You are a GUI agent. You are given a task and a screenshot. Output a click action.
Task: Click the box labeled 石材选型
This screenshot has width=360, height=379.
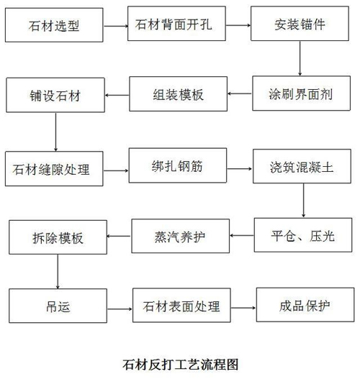point(54,25)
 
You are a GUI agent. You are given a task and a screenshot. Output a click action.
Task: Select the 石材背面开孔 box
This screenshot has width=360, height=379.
point(176,24)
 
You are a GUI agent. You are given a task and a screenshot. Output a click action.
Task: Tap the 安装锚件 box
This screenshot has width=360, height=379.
point(300,24)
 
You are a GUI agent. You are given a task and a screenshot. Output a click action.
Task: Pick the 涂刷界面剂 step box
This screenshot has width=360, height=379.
point(301,93)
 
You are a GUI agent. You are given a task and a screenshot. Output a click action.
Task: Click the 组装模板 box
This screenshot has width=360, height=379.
point(178,94)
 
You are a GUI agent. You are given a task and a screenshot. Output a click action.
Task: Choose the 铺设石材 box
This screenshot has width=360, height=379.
point(55,95)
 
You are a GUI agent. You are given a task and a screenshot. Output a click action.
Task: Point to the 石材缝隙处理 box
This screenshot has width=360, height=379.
point(54,169)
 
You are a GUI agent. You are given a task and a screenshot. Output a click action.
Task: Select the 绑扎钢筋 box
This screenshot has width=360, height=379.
point(178,165)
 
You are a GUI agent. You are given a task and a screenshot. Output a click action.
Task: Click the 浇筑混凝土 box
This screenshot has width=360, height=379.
point(302,166)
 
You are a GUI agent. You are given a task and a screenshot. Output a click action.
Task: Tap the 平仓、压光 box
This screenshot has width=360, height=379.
point(303,235)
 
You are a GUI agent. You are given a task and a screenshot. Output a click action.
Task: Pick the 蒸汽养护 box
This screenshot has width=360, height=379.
point(181,236)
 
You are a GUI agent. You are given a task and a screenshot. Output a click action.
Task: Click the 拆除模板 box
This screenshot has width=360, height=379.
point(58,237)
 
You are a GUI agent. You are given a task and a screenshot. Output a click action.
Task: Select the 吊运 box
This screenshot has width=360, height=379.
point(58,306)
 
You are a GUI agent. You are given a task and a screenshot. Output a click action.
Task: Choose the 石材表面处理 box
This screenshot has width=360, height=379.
point(181,305)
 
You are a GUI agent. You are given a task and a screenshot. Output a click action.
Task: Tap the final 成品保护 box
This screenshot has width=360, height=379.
point(305,304)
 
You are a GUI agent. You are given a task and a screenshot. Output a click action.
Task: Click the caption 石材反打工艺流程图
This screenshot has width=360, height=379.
point(181,365)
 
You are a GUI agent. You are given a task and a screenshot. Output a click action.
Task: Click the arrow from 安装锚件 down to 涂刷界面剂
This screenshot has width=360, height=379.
point(300,58)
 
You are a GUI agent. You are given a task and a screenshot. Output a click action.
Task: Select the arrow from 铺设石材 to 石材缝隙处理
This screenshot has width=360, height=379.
point(55,132)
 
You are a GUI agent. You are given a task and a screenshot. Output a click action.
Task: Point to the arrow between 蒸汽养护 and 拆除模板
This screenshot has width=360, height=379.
point(120,236)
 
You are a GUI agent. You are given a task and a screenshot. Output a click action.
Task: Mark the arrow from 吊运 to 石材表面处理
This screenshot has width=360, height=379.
point(120,309)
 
